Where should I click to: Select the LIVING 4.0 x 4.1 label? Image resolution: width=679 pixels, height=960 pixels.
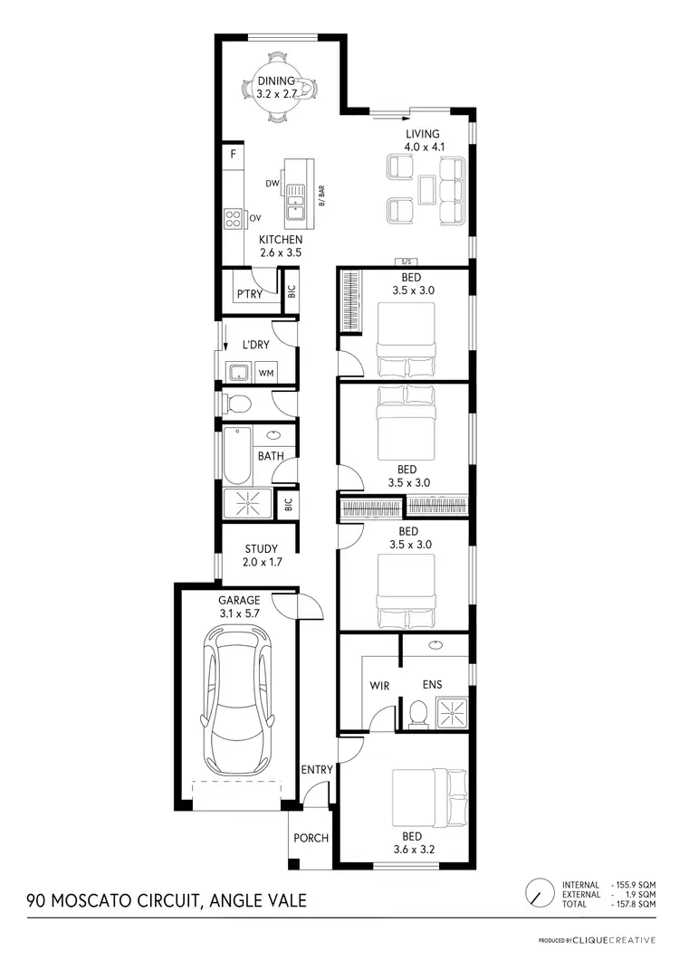422,141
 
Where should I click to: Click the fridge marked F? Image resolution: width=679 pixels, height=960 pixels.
233,155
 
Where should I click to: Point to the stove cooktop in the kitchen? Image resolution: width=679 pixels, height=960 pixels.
233,217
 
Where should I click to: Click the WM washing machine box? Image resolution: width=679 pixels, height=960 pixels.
266,373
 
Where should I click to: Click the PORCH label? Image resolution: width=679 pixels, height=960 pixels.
311,838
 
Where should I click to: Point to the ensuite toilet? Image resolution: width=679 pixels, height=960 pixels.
418,714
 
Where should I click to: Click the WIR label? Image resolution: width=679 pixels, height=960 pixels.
379,686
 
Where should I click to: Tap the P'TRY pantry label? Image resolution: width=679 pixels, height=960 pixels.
249,295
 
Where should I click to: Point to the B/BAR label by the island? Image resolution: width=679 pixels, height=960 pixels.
321,195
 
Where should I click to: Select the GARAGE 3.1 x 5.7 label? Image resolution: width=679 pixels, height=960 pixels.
239,606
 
